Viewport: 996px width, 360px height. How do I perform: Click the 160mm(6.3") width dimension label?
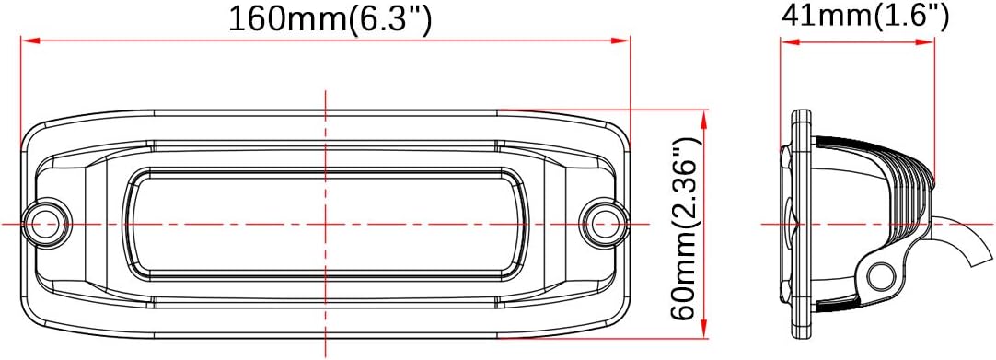click(x=330, y=18)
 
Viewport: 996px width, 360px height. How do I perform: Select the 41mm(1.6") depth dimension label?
click(x=864, y=15)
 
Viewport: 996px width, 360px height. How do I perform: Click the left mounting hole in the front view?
click(x=44, y=222)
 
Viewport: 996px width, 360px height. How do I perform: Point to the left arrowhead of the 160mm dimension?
click(x=28, y=40)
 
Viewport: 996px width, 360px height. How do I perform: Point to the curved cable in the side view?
click(x=957, y=239)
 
